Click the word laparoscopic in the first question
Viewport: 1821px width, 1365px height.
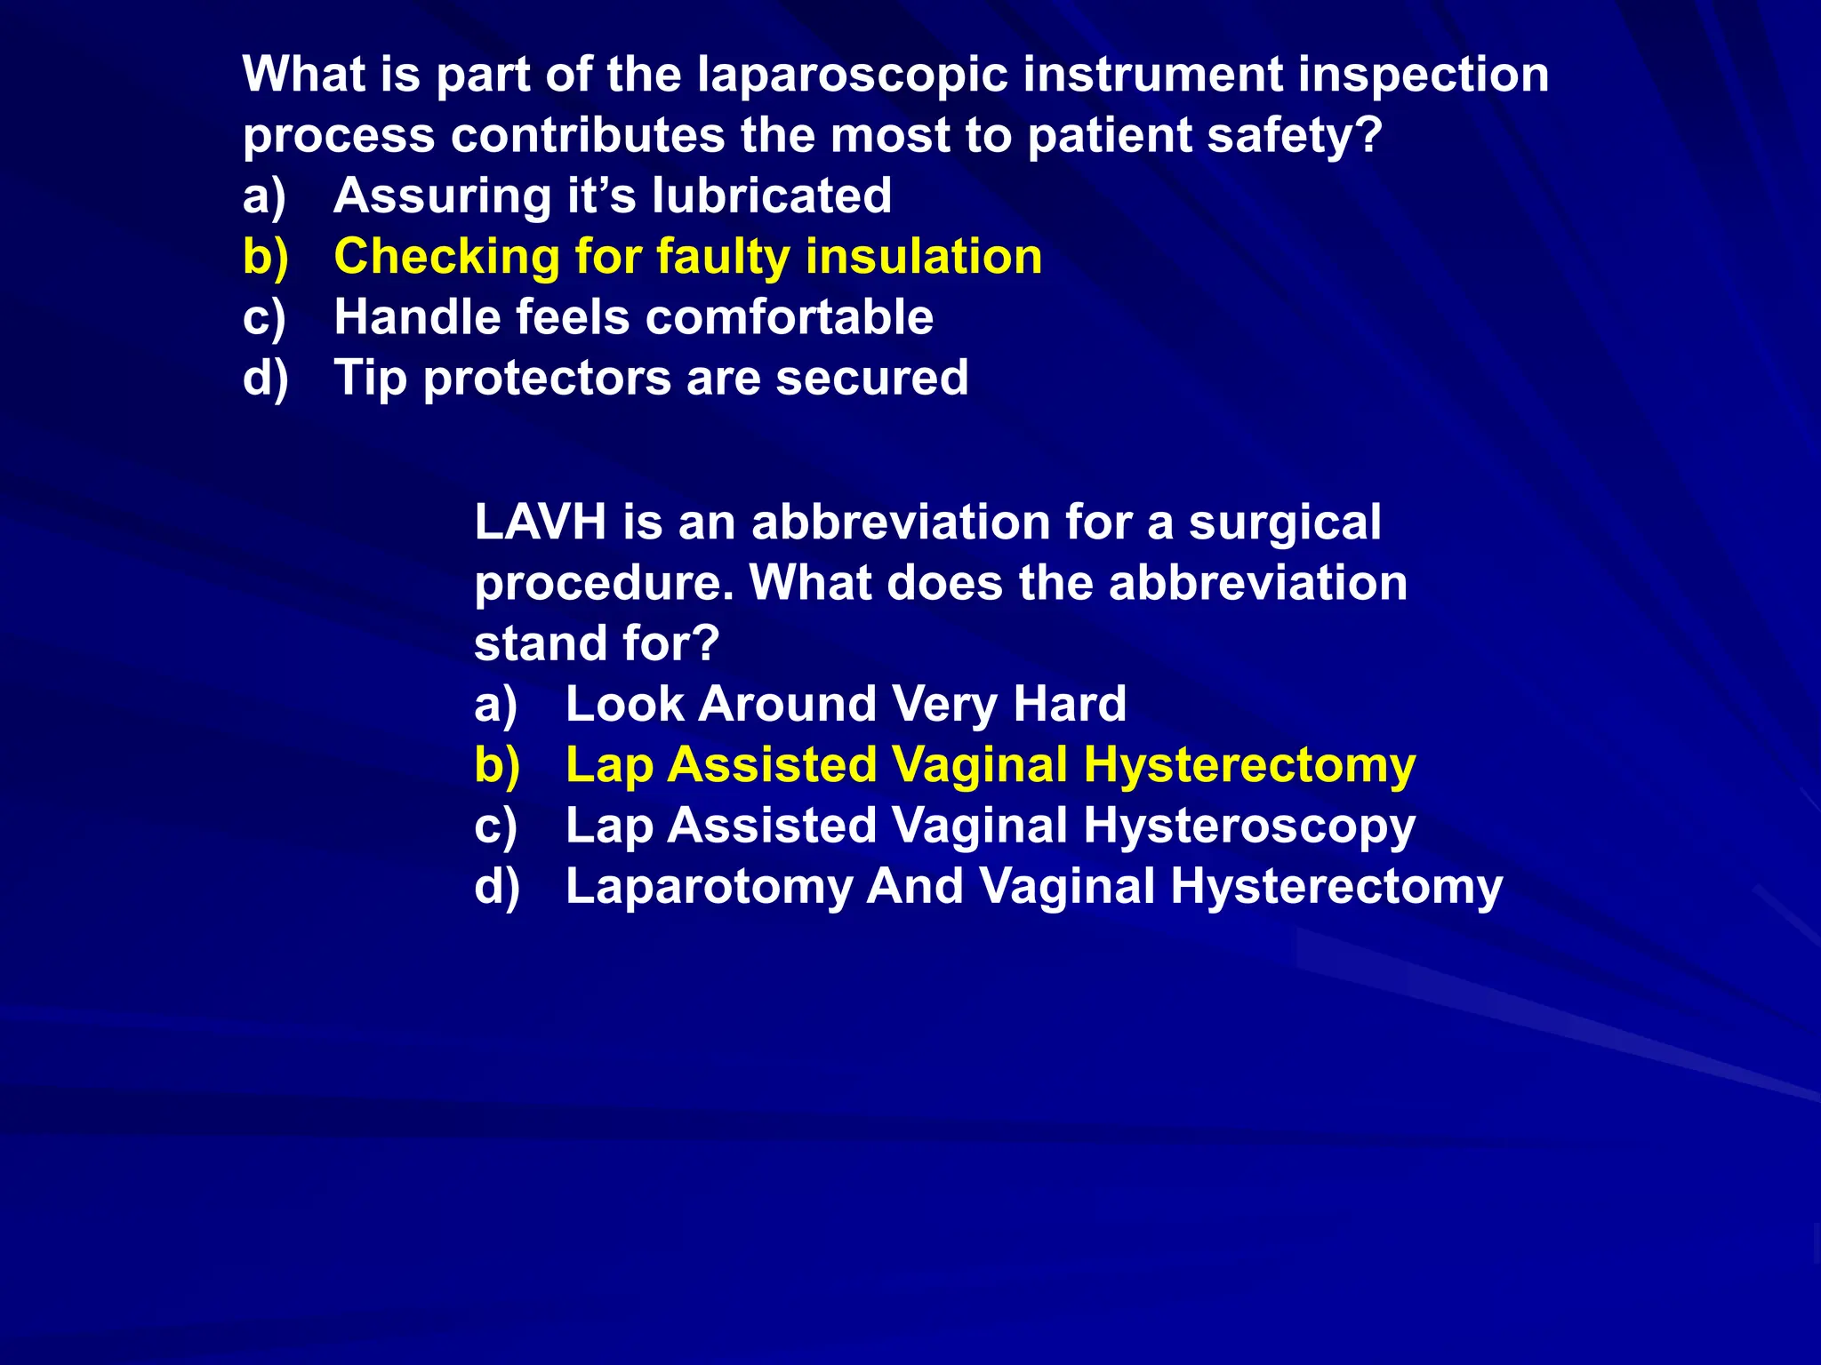pos(853,76)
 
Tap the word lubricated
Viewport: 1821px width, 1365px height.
pos(771,196)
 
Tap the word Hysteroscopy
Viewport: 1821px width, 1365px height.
pos(1248,826)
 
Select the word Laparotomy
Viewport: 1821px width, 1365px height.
pos(709,887)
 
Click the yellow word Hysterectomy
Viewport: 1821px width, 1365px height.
pos(1248,766)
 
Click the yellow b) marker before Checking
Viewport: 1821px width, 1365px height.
pos(266,257)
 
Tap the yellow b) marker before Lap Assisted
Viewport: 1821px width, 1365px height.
pos(497,766)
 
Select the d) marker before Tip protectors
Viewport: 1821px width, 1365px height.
pos(266,378)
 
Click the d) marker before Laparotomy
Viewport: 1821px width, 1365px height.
pos(497,887)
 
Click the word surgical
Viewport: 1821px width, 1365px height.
pos(1285,522)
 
